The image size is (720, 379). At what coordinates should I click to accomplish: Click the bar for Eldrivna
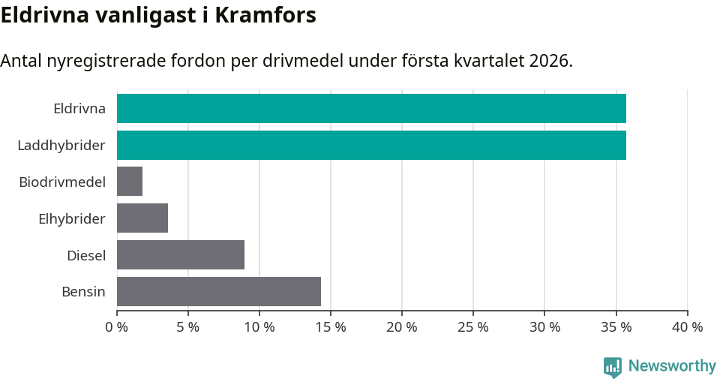[x=371, y=108]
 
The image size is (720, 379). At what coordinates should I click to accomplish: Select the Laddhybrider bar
[x=371, y=145]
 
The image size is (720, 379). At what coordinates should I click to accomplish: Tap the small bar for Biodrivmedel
[x=130, y=182]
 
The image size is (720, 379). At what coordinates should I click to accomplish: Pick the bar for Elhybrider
[x=142, y=218]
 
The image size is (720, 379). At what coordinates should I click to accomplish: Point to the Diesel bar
[x=181, y=255]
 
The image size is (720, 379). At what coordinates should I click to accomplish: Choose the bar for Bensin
[x=219, y=291]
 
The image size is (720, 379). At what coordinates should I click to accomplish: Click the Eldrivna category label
[x=79, y=108]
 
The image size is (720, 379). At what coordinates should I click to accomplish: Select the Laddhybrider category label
[x=61, y=145]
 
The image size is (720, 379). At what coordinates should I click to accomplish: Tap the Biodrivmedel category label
[x=62, y=182]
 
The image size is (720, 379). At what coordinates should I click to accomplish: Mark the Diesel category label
[x=86, y=255]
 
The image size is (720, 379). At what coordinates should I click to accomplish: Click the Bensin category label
[x=83, y=291]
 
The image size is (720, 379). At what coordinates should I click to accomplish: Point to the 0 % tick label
[x=117, y=327]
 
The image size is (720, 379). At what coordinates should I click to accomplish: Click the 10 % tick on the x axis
[x=259, y=327]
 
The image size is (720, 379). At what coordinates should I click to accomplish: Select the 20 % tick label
[x=402, y=327]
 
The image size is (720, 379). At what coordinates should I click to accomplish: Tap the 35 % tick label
[x=616, y=327]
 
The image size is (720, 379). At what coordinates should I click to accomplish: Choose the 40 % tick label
[x=687, y=327]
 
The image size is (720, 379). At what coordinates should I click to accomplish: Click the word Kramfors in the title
[x=265, y=15]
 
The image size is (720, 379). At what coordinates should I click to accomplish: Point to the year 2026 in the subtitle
[x=550, y=61]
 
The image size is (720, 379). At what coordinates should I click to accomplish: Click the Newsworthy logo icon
[x=613, y=367]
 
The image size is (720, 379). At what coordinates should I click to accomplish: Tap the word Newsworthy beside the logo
[x=672, y=366]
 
